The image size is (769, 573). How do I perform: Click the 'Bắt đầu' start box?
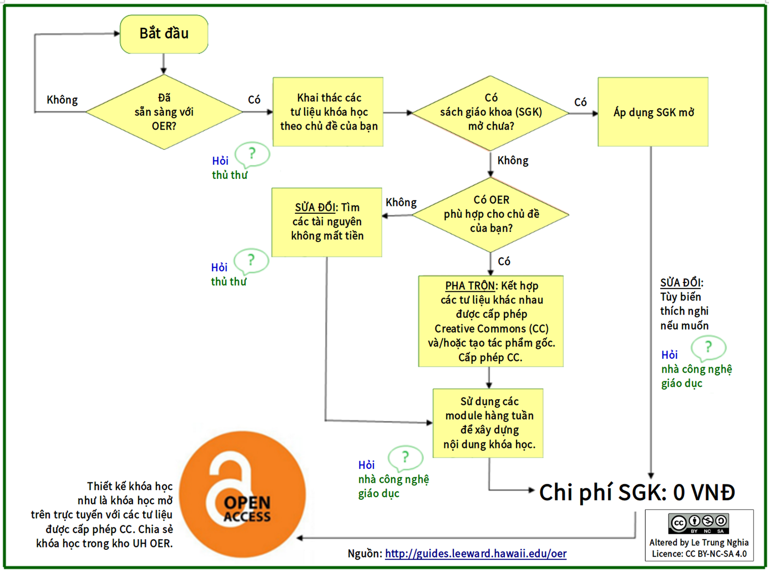point(164,34)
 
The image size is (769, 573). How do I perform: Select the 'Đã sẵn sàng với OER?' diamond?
point(164,112)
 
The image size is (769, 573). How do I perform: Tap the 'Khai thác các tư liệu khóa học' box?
point(328,112)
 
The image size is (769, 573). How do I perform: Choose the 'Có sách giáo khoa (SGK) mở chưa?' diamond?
point(491,112)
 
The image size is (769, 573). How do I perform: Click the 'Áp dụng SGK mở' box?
point(653,112)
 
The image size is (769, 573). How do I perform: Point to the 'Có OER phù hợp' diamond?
point(491,214)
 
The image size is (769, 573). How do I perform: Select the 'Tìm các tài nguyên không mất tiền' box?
point(327,222)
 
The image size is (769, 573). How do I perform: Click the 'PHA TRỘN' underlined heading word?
point(470,286)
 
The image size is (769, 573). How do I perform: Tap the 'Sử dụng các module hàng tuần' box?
point(488,423)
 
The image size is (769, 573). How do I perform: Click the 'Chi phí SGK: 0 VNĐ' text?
point(636,492)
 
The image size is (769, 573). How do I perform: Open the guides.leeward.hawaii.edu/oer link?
point(476,553)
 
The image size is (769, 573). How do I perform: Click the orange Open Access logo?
point(242,494)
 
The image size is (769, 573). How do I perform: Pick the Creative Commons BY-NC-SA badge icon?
point(699,523)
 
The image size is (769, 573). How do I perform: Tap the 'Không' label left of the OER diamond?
point(401,203)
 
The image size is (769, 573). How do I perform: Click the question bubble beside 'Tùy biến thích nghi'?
point(708,348)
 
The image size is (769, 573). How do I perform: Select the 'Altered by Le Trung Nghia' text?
point(699,542)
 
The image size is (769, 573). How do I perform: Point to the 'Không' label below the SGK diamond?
point(513,161)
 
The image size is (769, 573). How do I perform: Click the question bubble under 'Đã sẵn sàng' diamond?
point(252,154)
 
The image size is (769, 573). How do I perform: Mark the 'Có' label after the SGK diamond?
point(580,102)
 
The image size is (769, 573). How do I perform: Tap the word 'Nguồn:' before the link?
point(365,553)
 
